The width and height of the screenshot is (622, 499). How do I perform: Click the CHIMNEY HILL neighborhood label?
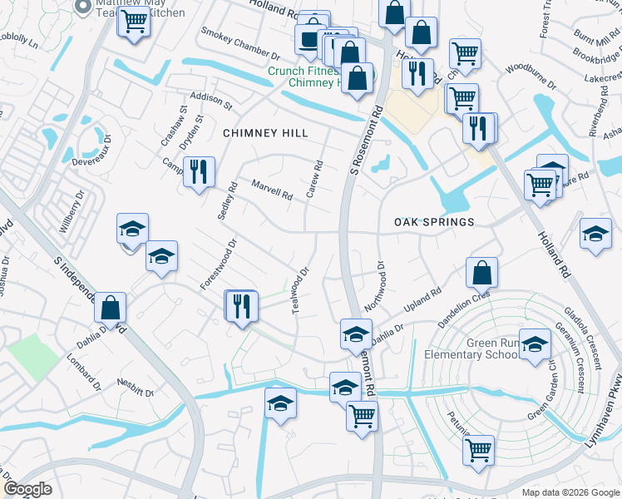pos(266,133)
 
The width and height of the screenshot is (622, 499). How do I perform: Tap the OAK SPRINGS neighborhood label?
pos(433,222)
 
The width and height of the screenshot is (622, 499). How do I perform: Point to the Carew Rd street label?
pos(315,180)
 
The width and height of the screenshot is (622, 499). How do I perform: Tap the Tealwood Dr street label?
pos(300,289)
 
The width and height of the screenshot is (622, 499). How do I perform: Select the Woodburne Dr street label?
pos(530,74)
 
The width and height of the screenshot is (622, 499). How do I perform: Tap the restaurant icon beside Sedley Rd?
pos(199,172)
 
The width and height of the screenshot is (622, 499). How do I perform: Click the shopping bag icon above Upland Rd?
pos(481,272)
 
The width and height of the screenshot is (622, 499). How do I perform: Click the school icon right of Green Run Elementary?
pos(536,343)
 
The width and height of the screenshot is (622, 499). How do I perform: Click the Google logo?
pos(28,489)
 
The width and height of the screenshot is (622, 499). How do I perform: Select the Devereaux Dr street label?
pos(91,152)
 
